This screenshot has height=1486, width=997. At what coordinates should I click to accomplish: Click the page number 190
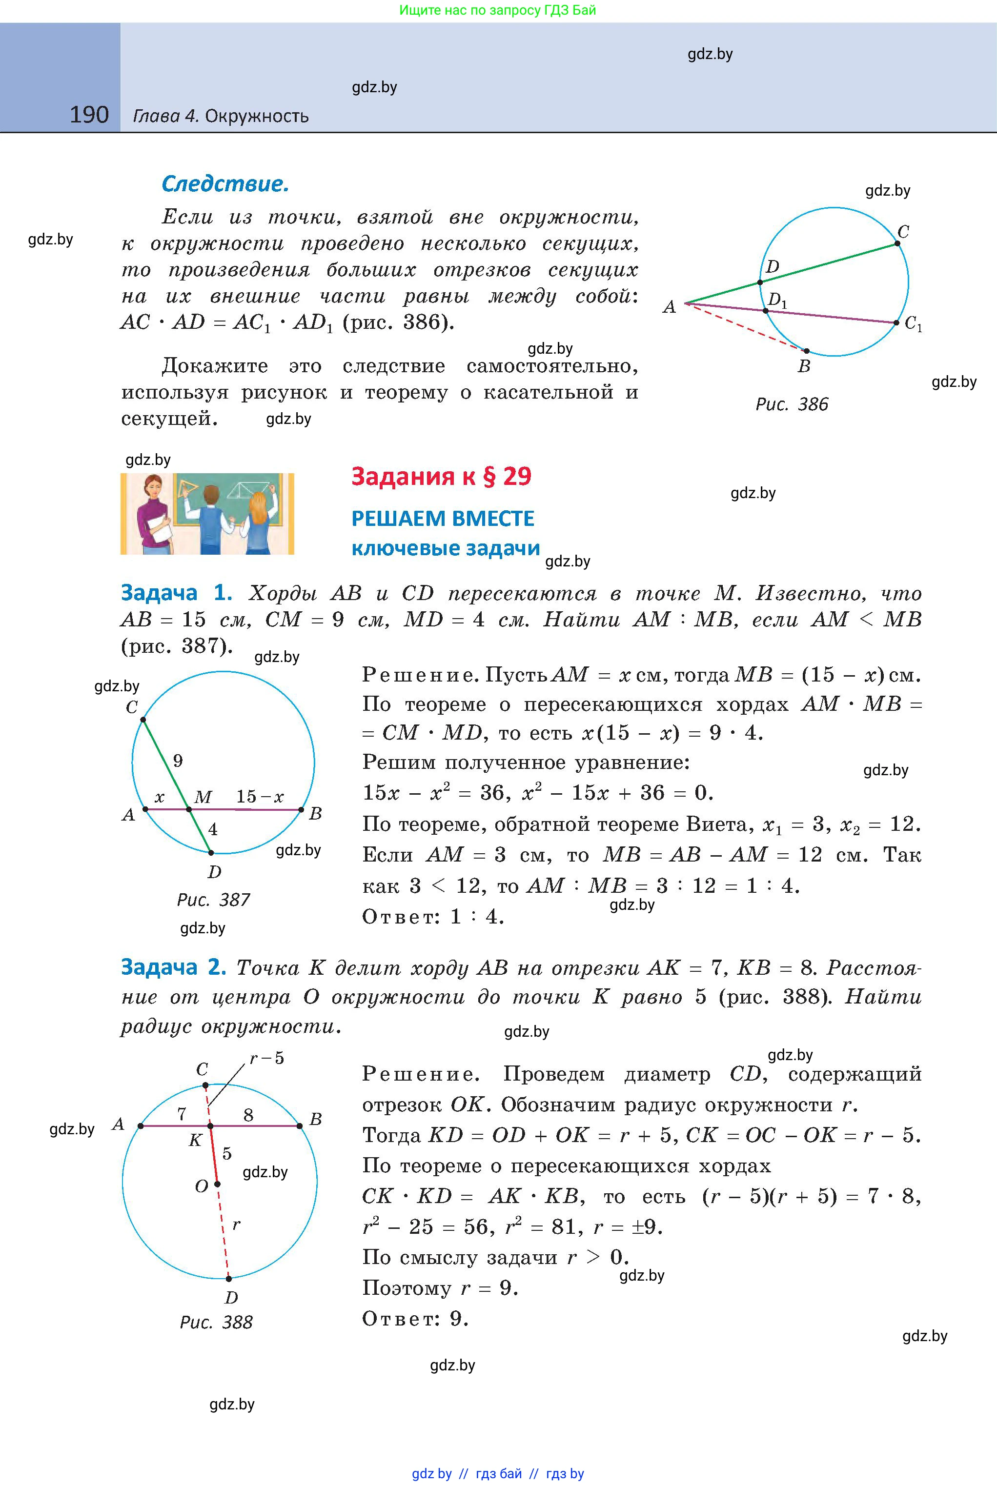(89, 115)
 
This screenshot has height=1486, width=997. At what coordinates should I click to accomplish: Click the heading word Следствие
(225, 184)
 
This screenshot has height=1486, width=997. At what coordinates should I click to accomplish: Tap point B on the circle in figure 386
(806, 351)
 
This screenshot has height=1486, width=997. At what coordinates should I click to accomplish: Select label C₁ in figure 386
(913, 324)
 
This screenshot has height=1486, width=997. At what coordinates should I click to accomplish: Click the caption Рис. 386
(792, 404)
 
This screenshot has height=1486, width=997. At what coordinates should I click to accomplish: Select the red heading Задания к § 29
(441, 476)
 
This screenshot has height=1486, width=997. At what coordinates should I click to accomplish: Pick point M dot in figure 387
(189, 809)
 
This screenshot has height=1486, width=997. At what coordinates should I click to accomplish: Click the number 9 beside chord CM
(178, 761)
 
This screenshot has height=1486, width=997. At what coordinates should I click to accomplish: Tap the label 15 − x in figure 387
(260, 796)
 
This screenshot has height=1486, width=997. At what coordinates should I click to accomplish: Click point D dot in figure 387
(211, 852)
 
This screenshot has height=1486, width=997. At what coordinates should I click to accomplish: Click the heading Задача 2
(173, 967)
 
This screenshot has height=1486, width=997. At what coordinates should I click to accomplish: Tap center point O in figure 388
(217, 1184)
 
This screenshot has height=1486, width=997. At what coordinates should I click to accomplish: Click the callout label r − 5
(267, 1058)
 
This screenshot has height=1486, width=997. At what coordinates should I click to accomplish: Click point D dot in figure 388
(229, 1278)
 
